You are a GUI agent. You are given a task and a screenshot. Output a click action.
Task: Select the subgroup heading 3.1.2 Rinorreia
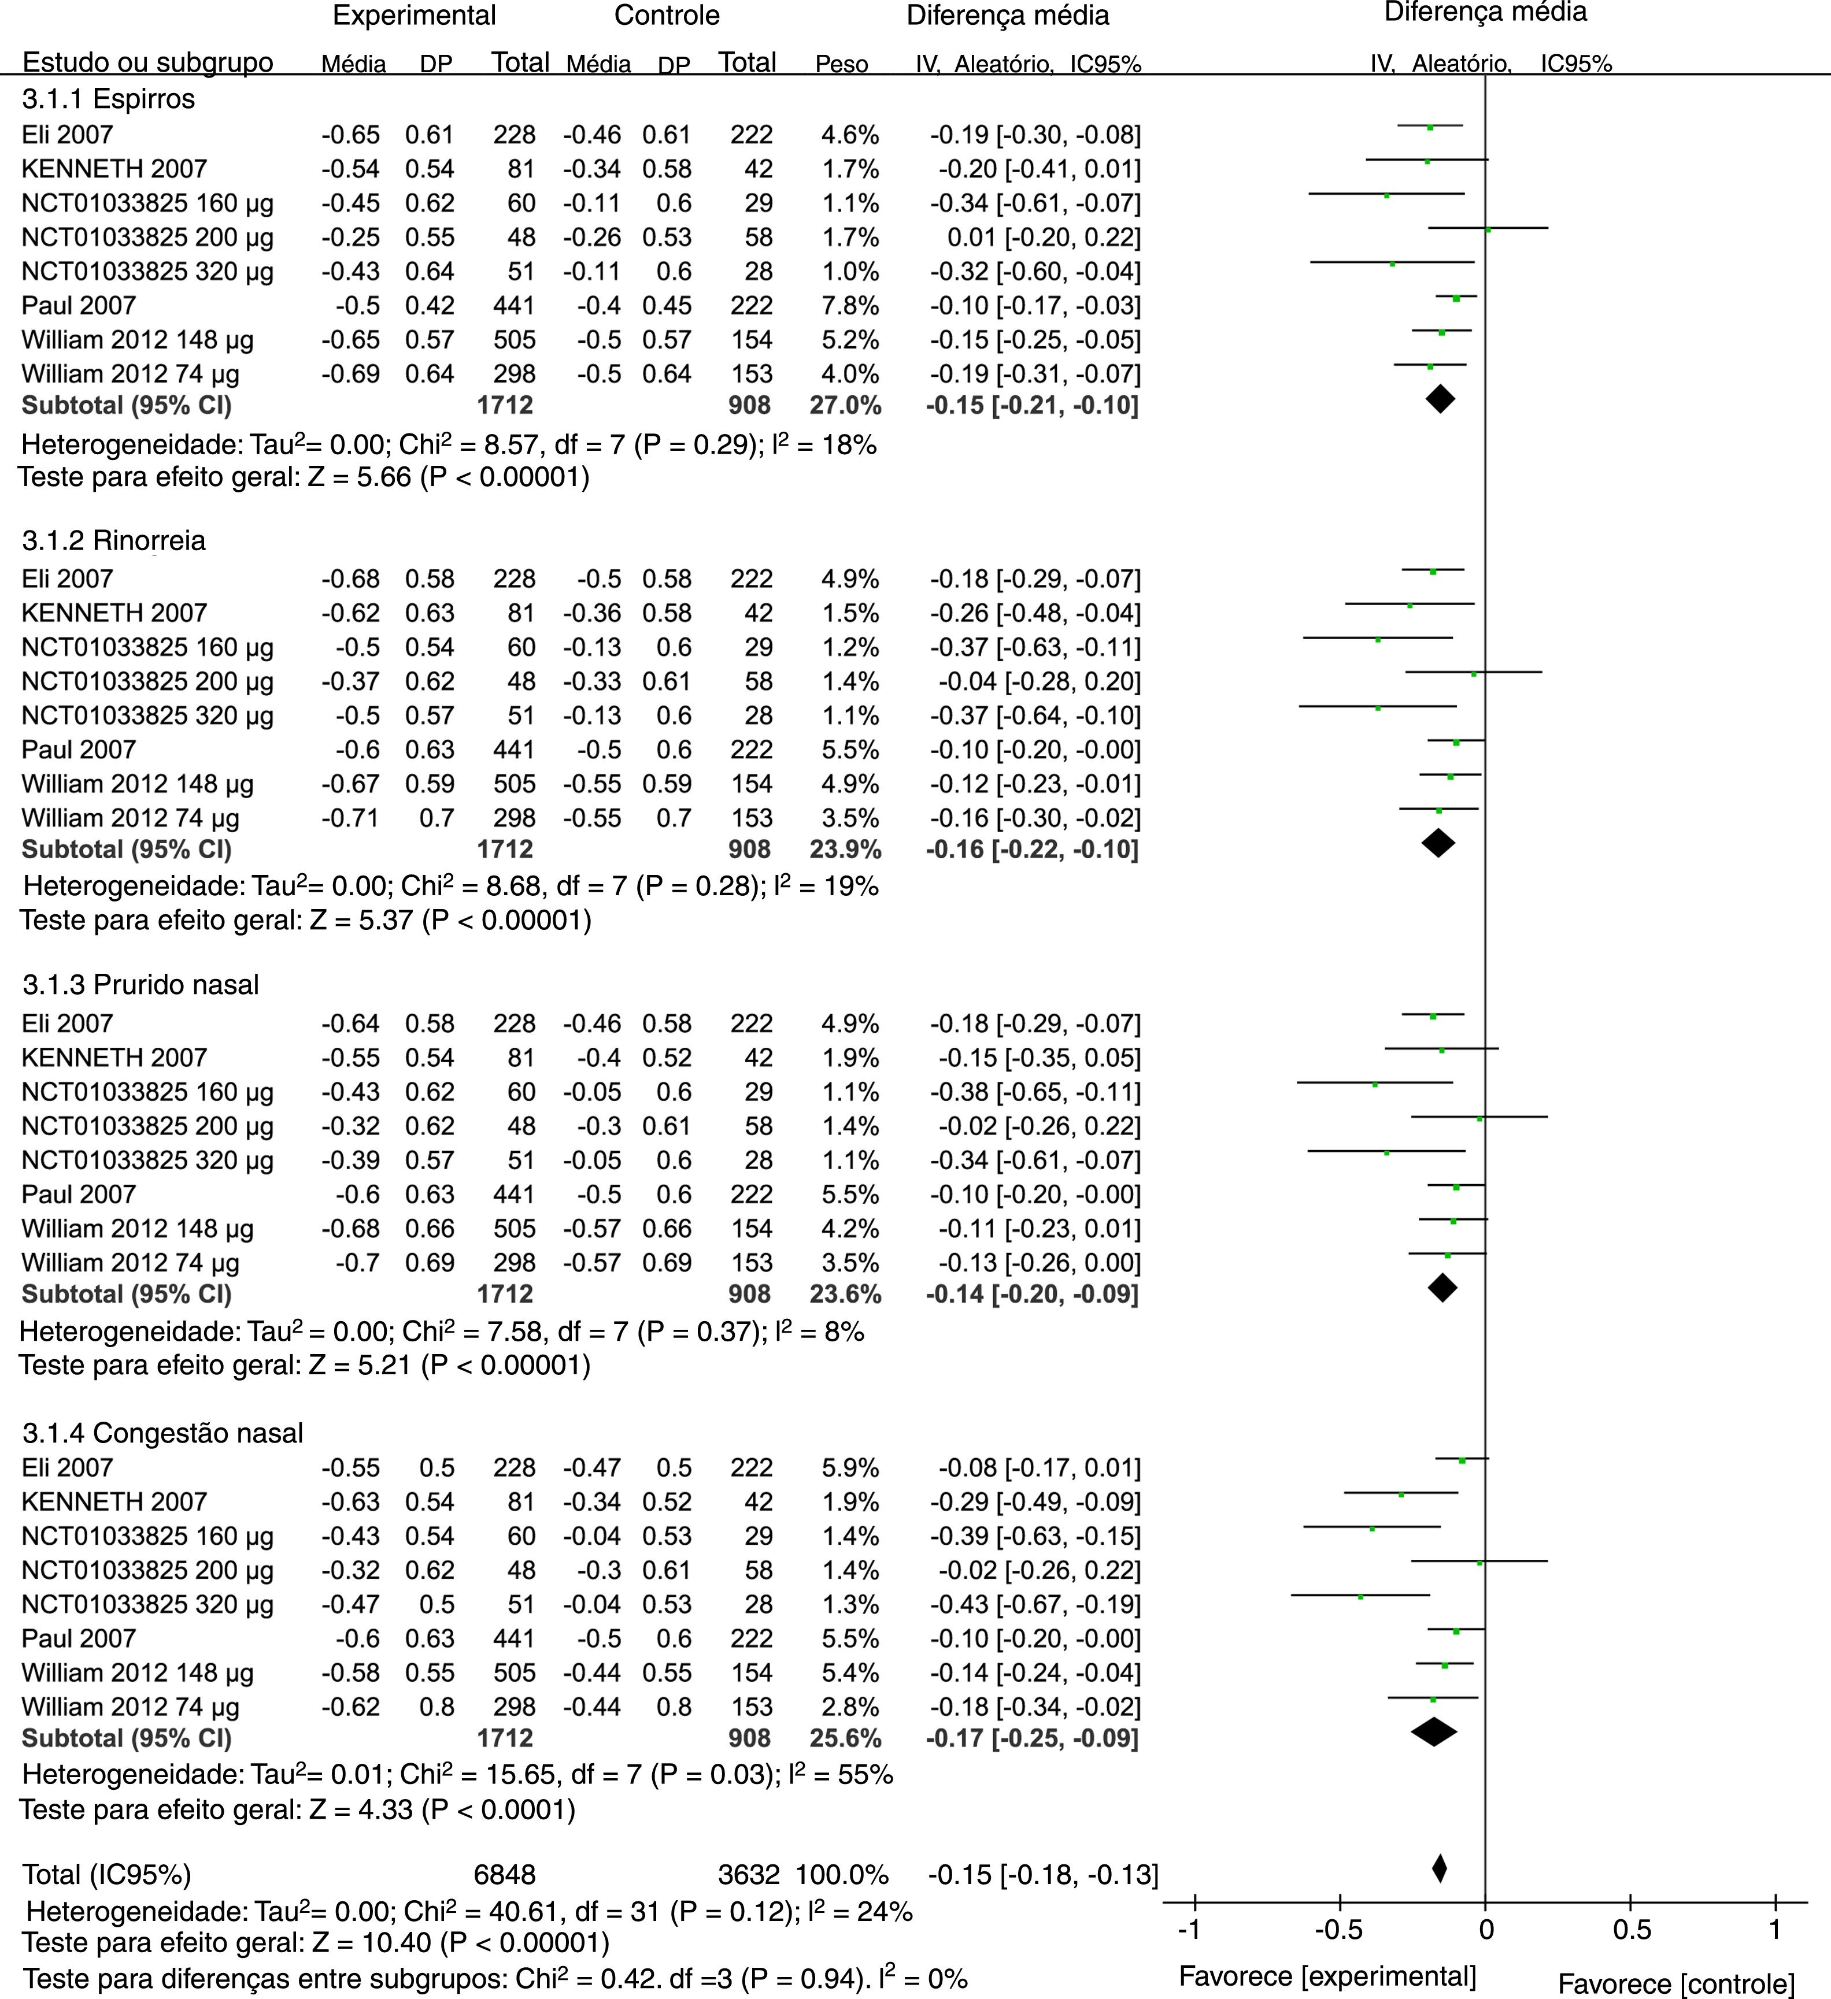click(114, 540)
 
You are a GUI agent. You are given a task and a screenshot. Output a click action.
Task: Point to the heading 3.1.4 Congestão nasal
click(162, 1433)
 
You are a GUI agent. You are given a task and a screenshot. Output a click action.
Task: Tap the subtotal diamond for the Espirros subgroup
click(1440, 399)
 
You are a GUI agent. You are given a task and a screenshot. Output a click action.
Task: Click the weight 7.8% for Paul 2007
click(850, 305)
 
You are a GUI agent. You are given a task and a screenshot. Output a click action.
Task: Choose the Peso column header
click(841, 65)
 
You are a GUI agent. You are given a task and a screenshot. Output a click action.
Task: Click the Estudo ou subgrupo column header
click(148, 62)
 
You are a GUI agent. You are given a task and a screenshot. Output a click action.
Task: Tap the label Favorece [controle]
click(1676, 1983)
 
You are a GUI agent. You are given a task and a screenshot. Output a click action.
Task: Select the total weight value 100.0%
click(841, 1874)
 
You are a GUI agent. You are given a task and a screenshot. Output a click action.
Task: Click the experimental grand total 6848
click(504, 1874)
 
